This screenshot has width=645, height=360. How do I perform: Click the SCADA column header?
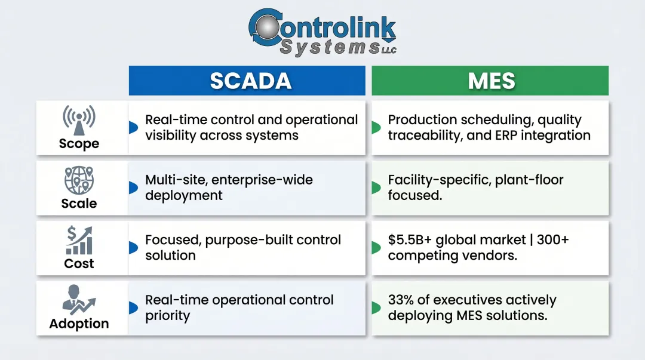(247, 81)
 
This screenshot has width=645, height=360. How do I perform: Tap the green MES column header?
(490, 81)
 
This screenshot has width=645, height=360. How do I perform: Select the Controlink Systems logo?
(322, 32)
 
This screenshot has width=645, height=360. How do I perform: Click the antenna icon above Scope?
(79, 120)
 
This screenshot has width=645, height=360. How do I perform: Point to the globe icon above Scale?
(79, 180)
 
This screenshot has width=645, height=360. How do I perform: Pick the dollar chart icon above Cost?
(79, 240)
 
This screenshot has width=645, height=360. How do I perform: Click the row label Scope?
(79, 144)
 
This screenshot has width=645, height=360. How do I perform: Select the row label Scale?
(79, 204)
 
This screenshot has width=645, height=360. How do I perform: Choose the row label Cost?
(79, 263)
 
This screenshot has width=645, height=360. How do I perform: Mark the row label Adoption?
(79, 324)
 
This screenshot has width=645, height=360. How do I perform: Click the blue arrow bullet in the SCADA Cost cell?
(133, 247)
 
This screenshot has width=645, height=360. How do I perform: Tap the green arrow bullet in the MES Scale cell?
(376, 187)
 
